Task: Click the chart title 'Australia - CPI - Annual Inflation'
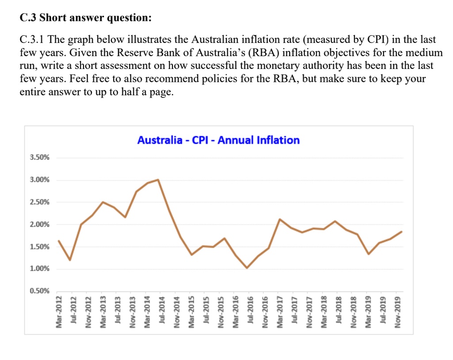(x=218, y=140)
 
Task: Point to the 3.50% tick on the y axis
(x=40, y=158)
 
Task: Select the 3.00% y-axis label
(x=40, y=180)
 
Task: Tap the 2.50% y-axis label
(x=40, y=202)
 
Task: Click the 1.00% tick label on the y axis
(x=40, y=269)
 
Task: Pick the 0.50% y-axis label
(x=40, y=291)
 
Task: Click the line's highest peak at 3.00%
(x=158, y=180)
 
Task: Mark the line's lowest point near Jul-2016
(x=247, y=268)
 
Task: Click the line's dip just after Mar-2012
(x=70, y=260)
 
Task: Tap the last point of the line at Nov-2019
(x=402, y=231)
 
